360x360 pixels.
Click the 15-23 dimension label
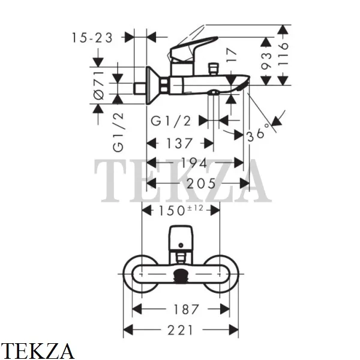pyautogui.click(x=92, y=38)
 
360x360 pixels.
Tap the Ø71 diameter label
pyautogui.click(x=99, y=85)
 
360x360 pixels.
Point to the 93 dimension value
pyautogui.click(x=266, y=61)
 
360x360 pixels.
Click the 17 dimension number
pyautogui.click(x=231, y=55)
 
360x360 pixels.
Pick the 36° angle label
pyautogui.click(x=258, y=133)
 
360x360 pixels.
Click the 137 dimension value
pyautogui.click(x=179, y=143)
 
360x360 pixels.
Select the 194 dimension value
pyautogui.click(x=194, y=163)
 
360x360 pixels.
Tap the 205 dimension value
pyautogui.click(x=202, y=184)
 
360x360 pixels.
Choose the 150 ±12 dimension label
pyautogui.click(x=181, y=211)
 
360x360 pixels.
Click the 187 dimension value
pyautogui.click(x=186, y=310)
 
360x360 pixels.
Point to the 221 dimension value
pyautogui.click(x=181, y=331)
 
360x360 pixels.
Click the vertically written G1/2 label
pyautogui.click(x=118, y=132)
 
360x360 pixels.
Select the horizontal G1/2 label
pyautogui.click(x=171, y=121)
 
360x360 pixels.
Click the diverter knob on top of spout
pyautogui.click(x=213, y=69)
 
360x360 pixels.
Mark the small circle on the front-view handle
pyautogui.click(x=181, y=245)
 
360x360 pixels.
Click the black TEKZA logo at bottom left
pyautogui.click(x=37, y=351)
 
